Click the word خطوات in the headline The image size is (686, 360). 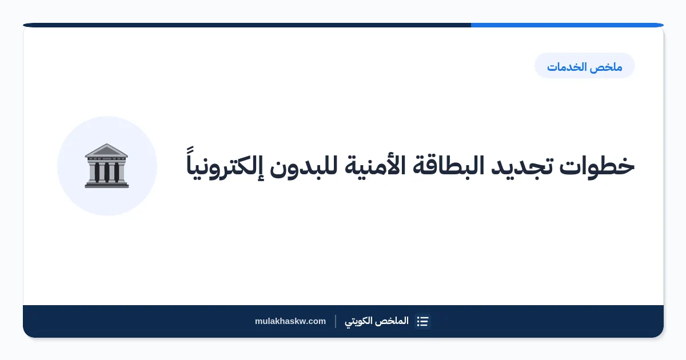point(597,166)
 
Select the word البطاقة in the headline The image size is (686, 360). point(448,165)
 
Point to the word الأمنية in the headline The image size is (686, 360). point(371,166)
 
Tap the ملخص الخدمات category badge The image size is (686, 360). point(585,66)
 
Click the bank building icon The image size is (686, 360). point(106,166)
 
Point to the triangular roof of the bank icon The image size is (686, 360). point(106,150)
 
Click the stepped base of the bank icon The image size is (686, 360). point(106,185)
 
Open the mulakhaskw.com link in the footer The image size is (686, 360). point(290,321)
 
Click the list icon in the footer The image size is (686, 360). point(422,321)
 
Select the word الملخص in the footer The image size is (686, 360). point(394,321)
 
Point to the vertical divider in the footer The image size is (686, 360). point(336,321)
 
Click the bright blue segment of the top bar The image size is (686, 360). point(567,25)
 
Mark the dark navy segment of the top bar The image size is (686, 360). point(247,25)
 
